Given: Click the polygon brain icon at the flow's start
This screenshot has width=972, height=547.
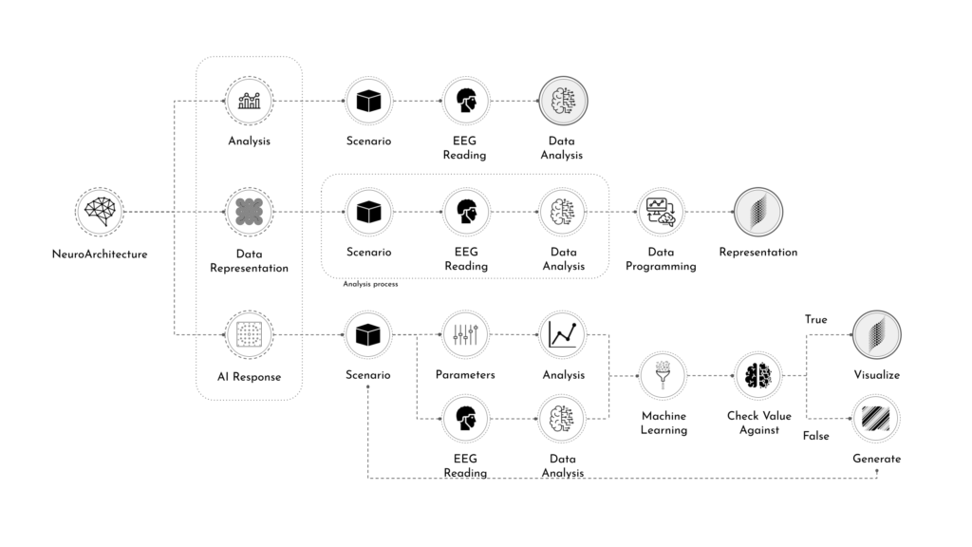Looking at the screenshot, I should [100, 212].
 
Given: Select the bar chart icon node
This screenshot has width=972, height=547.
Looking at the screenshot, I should [249, 101].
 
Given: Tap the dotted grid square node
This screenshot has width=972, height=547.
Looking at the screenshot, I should [249, 334].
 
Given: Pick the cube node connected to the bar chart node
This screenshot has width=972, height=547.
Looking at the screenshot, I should [368, 101].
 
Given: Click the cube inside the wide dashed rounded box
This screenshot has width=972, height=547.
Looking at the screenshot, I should [368, 212].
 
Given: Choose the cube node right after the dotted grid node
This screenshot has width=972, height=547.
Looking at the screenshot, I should [368, 334].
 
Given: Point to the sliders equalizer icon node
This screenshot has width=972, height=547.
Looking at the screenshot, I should [466, 334].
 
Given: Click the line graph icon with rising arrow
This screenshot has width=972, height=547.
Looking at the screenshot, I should [563, 334].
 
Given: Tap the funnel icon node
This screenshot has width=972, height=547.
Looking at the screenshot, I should [662, 375].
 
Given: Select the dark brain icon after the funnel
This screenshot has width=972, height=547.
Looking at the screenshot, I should [758, 375].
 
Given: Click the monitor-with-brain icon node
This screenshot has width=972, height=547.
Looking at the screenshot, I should [661, 212].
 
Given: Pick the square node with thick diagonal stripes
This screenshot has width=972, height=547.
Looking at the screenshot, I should [876, 418].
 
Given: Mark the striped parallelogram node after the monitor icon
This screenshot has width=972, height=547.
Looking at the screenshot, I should [758, 212].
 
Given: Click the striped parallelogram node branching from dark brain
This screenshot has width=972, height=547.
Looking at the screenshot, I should [876, 334].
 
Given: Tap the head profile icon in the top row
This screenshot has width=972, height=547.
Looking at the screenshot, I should [466, 101].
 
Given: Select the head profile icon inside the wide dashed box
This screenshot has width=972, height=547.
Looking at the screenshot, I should [466, 212].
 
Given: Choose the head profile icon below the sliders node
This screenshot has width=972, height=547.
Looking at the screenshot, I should [466, 418].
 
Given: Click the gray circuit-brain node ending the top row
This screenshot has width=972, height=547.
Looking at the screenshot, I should [563, 101].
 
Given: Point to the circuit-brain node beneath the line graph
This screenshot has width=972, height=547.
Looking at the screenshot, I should [563, 418].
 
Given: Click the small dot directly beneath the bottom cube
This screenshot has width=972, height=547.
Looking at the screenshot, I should [368, 387].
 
